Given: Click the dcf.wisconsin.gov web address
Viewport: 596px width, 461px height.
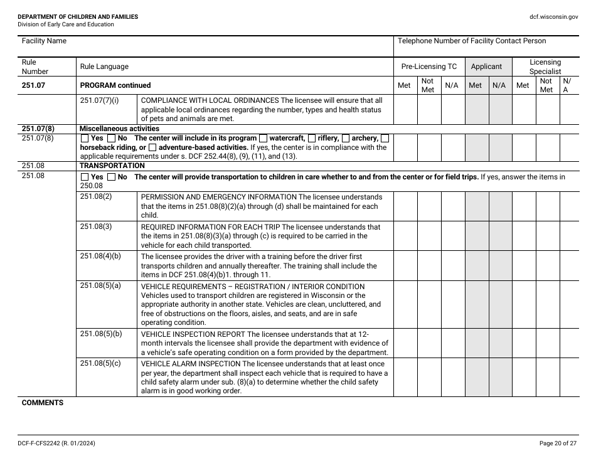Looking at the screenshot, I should pos(554,17).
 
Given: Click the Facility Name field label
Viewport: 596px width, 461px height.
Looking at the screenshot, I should pos(44,41).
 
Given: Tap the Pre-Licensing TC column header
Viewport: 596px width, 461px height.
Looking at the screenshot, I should pos(429,66).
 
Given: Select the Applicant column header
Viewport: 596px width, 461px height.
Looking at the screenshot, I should pos(486,66).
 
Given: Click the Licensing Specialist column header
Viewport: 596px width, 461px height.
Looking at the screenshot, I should pos(545,66).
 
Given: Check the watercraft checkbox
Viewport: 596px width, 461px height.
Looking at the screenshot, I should pos(263,139).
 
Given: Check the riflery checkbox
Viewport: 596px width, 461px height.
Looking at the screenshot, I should pos(312,139).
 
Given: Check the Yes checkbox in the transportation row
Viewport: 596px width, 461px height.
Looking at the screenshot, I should pos(85,178).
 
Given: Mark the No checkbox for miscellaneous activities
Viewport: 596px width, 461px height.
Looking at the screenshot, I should pos(111,139).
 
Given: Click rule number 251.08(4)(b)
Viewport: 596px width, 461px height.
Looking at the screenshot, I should pos(100,256).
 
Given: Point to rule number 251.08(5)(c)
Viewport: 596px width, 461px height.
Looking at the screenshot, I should pos(100,363).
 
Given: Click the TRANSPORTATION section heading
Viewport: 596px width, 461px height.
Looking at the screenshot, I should pos(104,166).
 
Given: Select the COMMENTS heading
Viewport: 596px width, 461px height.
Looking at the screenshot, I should pos(43,403).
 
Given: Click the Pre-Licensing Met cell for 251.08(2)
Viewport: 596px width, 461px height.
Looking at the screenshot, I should pos(405,206).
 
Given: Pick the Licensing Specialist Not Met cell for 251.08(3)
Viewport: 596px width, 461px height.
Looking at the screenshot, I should pos(547,235).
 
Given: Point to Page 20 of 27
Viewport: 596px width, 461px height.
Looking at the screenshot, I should pos(557,443).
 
